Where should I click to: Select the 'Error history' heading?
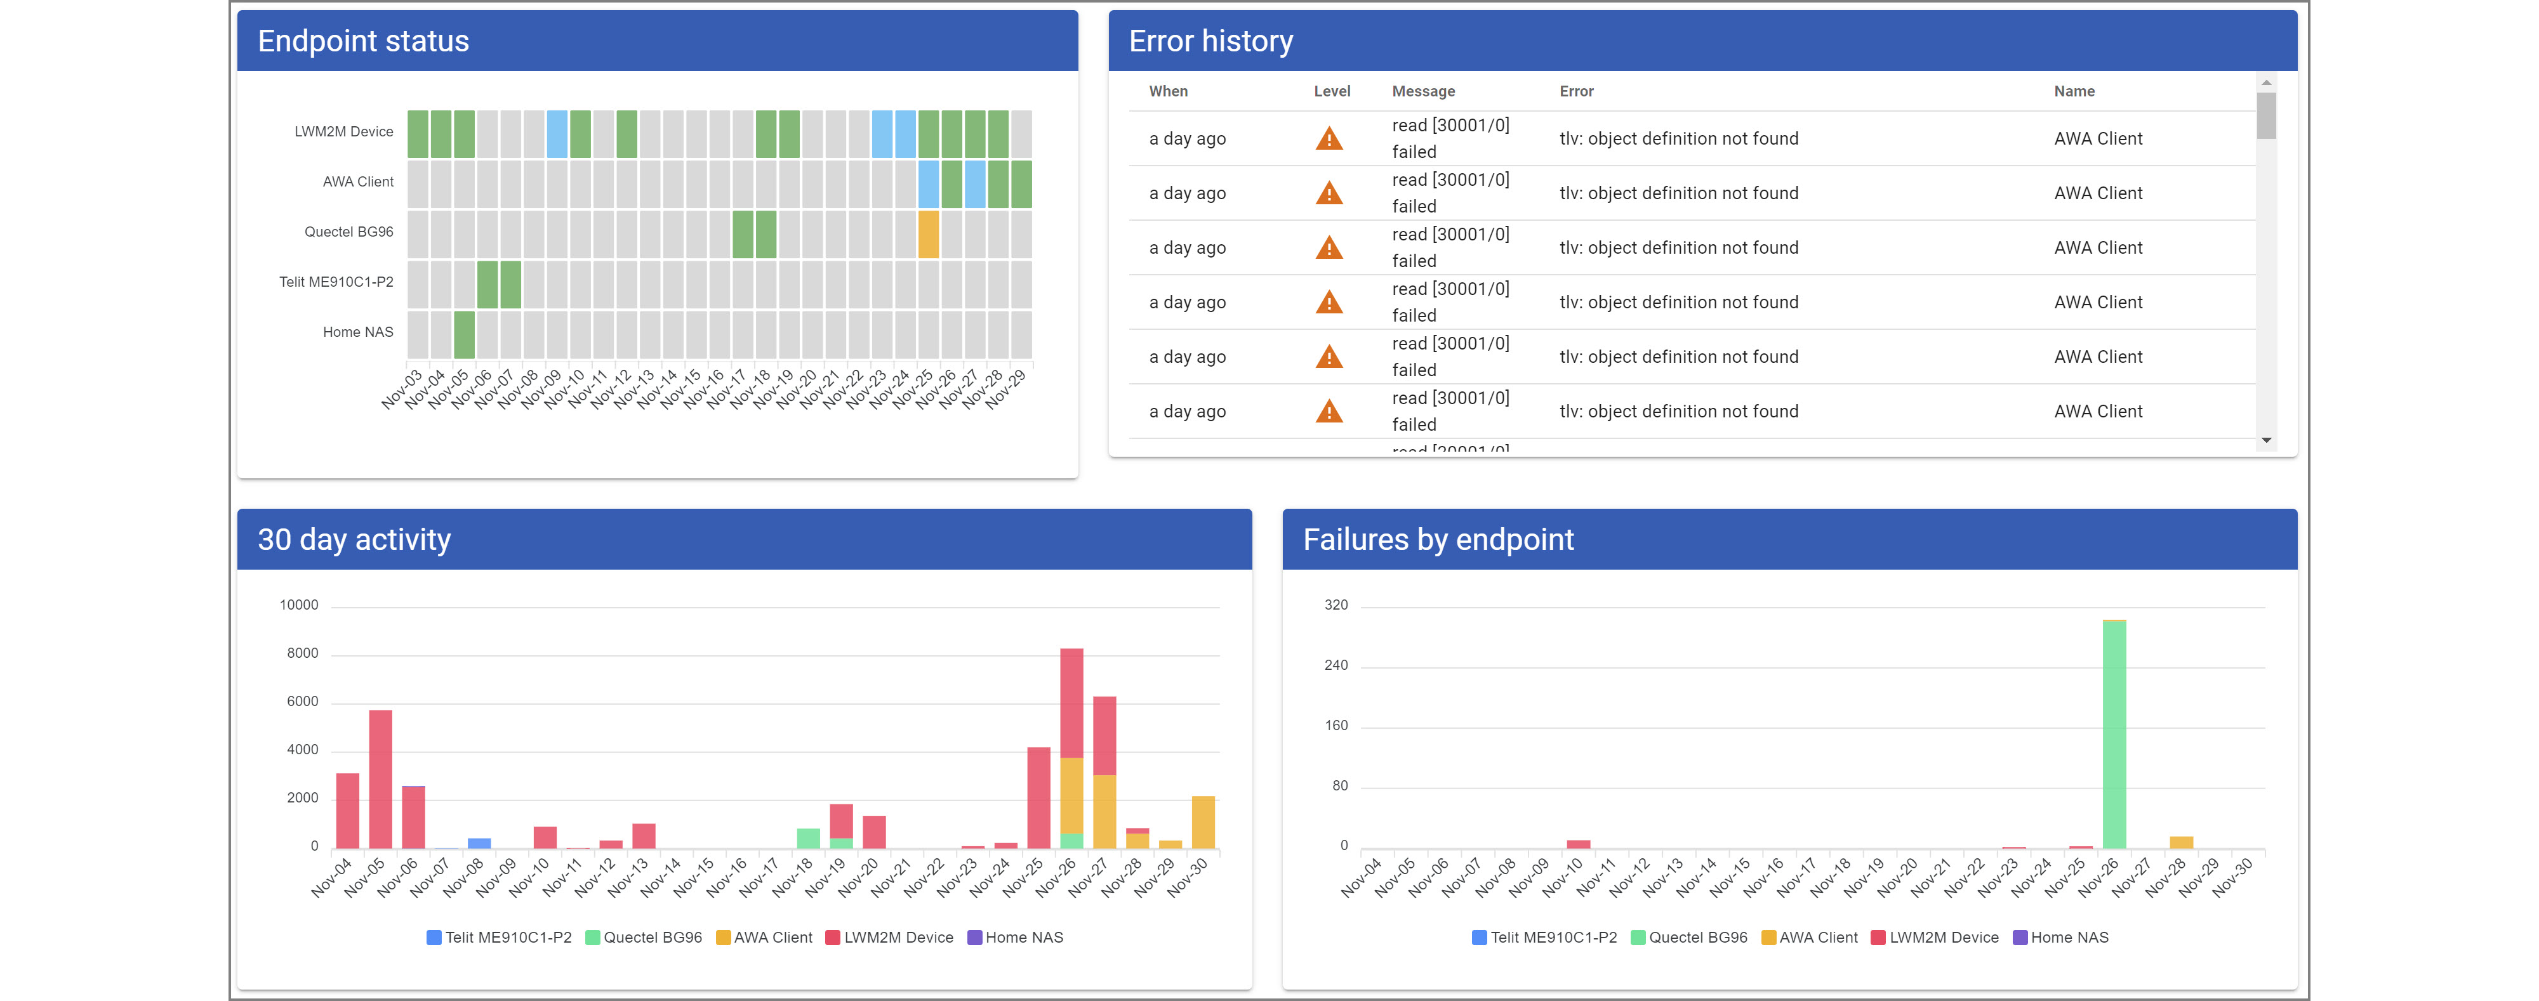pos(1210,41)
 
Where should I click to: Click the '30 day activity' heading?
pos(354,540)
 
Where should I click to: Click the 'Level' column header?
pos(1332,91)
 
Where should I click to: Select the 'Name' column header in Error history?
pos(2074,91)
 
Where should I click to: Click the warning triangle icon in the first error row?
pos(1329,139)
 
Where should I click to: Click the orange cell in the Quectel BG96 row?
pos(927,235)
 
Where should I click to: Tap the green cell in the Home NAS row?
pos(464,335)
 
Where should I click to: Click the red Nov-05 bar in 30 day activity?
pos(380,778)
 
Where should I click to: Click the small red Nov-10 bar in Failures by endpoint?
pos(1578,843)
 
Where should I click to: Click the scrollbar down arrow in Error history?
pos(2266,440)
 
